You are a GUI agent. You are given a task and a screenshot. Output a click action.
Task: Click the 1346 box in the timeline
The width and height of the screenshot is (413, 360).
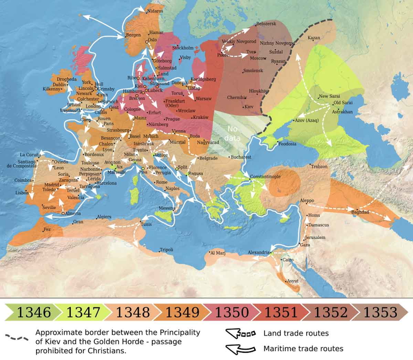34,312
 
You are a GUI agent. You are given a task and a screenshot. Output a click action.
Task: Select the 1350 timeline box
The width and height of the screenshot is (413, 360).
232,312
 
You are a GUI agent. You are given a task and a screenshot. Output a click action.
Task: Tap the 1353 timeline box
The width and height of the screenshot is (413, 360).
380,312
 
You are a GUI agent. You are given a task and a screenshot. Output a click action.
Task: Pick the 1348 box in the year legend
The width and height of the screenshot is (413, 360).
133,312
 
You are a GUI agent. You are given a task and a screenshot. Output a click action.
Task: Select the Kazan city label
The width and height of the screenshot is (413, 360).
314,38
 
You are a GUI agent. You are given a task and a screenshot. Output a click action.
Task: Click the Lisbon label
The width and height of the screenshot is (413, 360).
22,192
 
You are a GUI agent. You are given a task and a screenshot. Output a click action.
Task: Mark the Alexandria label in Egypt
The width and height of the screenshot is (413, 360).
258,253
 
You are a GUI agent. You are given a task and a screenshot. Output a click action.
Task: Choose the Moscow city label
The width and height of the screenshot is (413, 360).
258,58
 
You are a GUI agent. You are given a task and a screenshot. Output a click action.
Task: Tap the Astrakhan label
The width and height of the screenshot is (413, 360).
342,112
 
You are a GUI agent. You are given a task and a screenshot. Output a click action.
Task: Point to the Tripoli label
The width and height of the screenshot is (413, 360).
166,250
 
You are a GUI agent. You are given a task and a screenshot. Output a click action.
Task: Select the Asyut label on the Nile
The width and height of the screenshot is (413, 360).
293,281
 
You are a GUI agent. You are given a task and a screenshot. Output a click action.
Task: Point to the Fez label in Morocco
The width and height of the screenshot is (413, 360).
47,229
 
